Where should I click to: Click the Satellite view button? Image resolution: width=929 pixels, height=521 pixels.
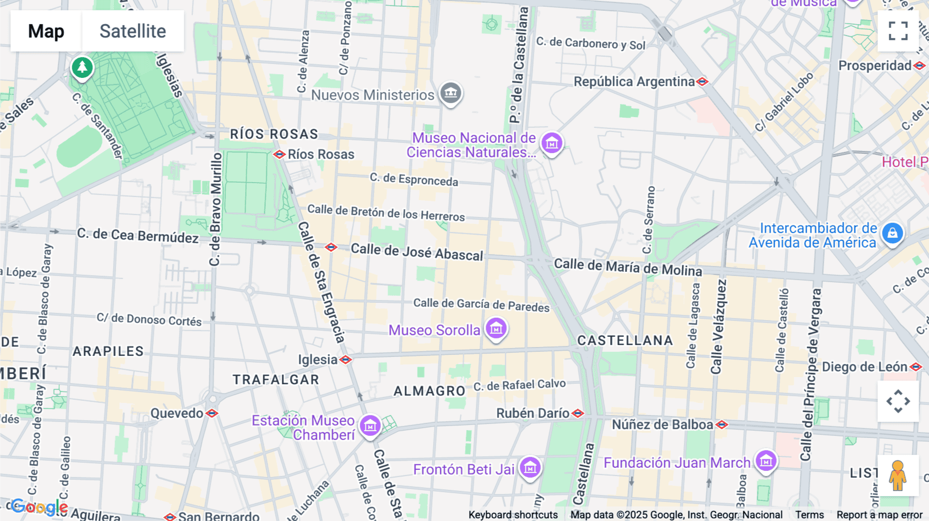coord(133,31)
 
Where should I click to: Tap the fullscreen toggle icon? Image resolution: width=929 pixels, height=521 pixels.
coord(898,31)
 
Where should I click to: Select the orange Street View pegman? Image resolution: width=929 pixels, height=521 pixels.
coord(898,475)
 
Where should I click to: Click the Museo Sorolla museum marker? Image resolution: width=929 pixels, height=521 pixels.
coord(496,328)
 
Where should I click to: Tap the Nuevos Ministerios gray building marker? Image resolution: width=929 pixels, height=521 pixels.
coord(451,93)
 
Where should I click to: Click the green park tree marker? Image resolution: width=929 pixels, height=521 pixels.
coord(82,68)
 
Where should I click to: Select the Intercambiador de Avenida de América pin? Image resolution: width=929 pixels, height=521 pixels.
coord(892,233)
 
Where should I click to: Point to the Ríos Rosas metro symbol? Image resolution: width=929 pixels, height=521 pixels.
coord(279,154)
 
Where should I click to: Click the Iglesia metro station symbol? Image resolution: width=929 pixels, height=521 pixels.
coord(346,360)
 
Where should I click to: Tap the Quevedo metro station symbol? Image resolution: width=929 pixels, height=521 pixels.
coord(212,413)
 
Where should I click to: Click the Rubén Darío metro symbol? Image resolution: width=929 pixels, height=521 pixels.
coord(578,413)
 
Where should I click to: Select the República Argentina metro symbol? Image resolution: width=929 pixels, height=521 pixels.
coord(702,82)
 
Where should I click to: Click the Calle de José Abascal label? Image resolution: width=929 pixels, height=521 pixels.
coord(417,252)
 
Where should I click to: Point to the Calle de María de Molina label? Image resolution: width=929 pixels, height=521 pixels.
coord(628,267)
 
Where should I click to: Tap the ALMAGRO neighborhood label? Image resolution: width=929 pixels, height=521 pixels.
coord(429,391)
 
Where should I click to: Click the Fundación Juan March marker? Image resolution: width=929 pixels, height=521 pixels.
coord(765,461)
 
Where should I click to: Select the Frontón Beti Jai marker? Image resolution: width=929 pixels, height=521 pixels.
coord(530,467)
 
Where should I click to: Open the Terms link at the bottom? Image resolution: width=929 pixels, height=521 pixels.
coord(809,515)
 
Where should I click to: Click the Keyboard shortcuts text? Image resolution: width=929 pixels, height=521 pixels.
coord(513,515)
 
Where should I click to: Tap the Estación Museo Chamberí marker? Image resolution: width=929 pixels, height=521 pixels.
coord(370,426)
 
